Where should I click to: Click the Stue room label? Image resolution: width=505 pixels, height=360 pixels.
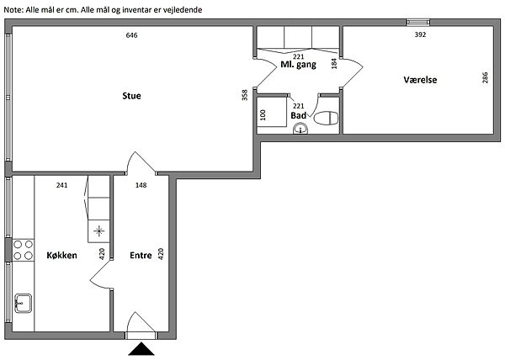[x=131, y=96]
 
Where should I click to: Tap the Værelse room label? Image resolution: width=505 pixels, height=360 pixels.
[x=420, y=80]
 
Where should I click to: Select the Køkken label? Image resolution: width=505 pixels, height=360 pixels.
[x=61, y=256]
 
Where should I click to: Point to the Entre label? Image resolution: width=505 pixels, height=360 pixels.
[x=141, y=256]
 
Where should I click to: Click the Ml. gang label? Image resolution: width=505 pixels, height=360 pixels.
[x=298, y=65]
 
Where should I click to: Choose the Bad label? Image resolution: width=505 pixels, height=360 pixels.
[x=298, y=115]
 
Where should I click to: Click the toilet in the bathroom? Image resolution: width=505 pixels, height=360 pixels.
[x=326, y=119]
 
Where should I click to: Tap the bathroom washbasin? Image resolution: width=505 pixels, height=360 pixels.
[x=300, y=130]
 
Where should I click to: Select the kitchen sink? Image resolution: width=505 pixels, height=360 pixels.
[x=24, y=303]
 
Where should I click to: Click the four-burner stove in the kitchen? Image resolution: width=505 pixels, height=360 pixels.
[x=24, y=250]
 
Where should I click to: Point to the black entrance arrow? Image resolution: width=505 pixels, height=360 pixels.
[x=141, y=349]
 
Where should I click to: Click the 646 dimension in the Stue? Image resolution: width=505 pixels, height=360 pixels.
[x=132, y=35]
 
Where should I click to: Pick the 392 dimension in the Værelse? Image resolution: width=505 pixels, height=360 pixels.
[x=420, y=34]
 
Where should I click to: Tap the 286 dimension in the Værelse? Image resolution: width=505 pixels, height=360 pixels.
[x=485, y=78]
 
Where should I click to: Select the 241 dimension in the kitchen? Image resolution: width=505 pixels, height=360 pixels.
[x=61, y=185]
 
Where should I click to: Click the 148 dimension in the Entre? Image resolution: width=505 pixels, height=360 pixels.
[x=141, y=185]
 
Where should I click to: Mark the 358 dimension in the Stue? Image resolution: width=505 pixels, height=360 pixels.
[x=245, y=95]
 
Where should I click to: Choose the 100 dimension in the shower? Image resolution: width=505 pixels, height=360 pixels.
[x=263, y=115]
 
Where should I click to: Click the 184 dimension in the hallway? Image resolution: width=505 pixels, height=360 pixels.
[x=334, y=63]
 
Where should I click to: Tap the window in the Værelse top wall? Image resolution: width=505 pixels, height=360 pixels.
[x=418, y=22]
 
